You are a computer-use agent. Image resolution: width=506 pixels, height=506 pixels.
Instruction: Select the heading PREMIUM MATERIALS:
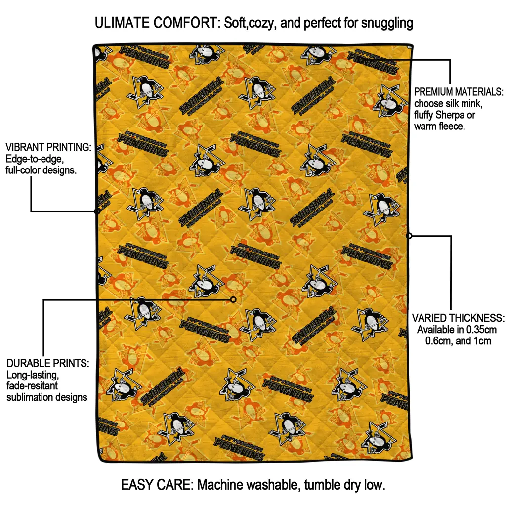click(x=459, y=92)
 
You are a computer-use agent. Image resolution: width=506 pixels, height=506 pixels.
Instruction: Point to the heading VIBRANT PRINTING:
click(x=48, y=147)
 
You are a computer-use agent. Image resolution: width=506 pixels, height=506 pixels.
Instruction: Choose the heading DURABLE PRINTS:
click(x=48, y=363)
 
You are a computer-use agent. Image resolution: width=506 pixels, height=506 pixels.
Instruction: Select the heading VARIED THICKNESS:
click(x=458, y=318)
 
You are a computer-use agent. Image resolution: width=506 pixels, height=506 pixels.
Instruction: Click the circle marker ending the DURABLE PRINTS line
click(x=233, y=299)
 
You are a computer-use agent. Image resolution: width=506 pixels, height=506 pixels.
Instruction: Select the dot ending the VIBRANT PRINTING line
click(x=97, y=211)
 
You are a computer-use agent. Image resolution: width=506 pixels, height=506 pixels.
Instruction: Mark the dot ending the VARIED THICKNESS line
click(x=409, y=236)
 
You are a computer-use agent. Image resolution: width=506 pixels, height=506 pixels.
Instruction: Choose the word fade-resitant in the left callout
click(x=33, y=386)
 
